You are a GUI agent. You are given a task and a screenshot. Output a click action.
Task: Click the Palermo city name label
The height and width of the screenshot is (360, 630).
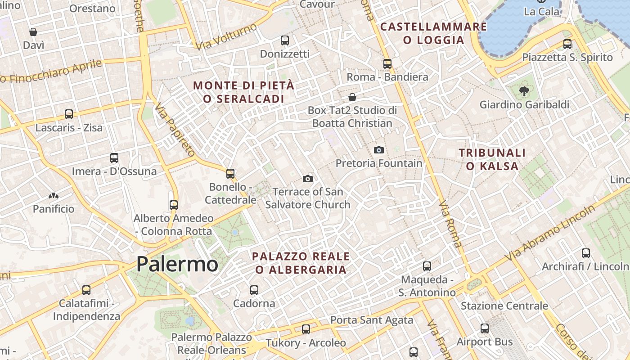pos(177,264)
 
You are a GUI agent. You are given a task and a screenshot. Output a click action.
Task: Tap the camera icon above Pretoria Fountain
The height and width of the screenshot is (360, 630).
pos(379,150)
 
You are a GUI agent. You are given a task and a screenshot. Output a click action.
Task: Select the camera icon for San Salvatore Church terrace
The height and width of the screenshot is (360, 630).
pos(308,179)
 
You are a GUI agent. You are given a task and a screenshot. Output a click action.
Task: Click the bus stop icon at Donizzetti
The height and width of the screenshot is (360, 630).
pos(285,40)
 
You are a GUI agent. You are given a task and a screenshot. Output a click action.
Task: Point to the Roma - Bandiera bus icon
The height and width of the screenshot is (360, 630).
pos(387,64)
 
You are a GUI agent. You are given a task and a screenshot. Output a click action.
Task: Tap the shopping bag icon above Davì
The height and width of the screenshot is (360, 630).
pos(33,32)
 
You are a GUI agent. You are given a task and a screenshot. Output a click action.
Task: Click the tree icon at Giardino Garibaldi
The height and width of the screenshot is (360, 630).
pos(524,92)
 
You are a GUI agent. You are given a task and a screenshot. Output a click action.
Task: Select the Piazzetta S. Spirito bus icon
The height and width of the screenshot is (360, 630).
pos(567,44)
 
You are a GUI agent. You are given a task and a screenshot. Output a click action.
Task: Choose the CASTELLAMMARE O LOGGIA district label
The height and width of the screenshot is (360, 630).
pos(433,33)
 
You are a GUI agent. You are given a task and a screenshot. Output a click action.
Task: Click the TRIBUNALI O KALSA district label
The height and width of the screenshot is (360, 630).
pos(492,159)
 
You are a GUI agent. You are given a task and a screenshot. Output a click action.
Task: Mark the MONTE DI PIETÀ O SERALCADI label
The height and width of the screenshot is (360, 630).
pos(243,92)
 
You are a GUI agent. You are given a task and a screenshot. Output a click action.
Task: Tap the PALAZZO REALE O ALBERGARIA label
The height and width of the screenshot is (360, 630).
pos(301,263)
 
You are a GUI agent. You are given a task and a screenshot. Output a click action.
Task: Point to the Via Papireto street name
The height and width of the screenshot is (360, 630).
pos(175,130)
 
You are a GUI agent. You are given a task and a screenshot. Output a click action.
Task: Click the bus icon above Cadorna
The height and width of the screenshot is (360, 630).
pos(254,290)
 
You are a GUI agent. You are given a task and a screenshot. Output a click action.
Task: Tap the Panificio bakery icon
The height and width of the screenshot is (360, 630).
pos(54,196)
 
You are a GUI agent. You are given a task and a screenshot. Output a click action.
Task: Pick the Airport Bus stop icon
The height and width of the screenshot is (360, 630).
pos(485,328)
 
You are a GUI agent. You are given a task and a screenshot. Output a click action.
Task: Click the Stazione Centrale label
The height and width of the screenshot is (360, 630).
pos(504,306)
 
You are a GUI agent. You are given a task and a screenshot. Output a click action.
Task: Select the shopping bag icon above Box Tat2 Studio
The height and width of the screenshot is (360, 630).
pos(352,97)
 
